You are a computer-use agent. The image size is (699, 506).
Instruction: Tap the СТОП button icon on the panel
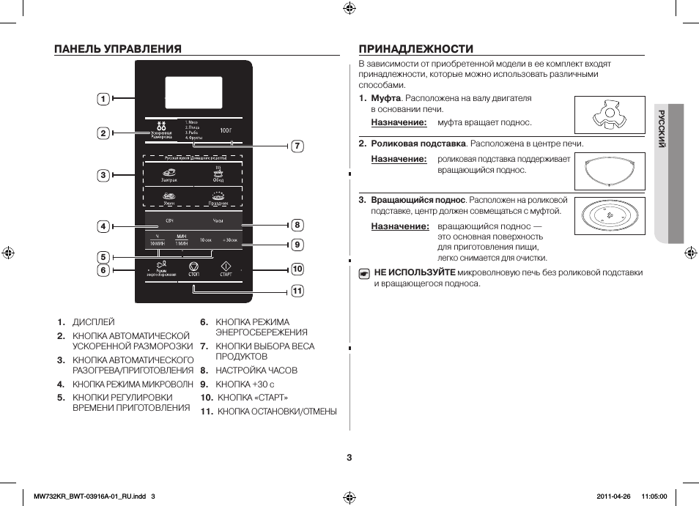tap(193, 266)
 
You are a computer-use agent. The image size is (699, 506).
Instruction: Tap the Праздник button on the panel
tap(218, 197)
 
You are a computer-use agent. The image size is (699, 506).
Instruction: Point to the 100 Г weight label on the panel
tap(226, 130)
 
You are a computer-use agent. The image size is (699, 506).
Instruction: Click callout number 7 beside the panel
tap(297, 146)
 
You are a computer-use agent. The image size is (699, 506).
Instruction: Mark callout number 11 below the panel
tap(297, 291)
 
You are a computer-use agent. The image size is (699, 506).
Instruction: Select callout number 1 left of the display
tap(104, 99)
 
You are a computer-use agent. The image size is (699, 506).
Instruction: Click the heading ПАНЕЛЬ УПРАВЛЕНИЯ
tap(117, 49)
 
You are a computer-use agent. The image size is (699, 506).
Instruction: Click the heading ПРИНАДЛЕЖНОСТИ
tap(415, 49)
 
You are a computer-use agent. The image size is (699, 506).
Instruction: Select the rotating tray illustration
tap(610, 217)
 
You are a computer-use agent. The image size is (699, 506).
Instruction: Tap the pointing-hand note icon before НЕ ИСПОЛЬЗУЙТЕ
tap(364, 274)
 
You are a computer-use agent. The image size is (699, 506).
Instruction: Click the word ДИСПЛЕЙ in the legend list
tap(93, 322)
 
